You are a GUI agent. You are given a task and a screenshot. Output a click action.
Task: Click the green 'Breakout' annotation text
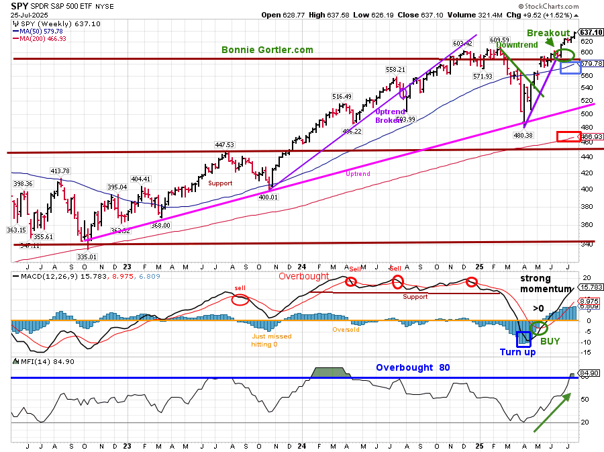548,33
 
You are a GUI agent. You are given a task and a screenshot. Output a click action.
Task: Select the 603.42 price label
462,44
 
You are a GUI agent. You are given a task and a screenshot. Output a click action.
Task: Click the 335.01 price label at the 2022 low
87,256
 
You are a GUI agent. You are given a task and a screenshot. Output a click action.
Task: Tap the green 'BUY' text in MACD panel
550,341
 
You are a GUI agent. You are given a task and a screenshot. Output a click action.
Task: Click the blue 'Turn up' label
517,352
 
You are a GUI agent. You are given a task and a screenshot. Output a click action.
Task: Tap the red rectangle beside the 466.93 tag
567,136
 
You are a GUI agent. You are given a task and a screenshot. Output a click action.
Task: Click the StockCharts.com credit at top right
568,7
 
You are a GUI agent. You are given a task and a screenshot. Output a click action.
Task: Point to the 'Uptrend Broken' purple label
390,116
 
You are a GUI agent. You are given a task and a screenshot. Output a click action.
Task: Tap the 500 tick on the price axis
587,114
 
